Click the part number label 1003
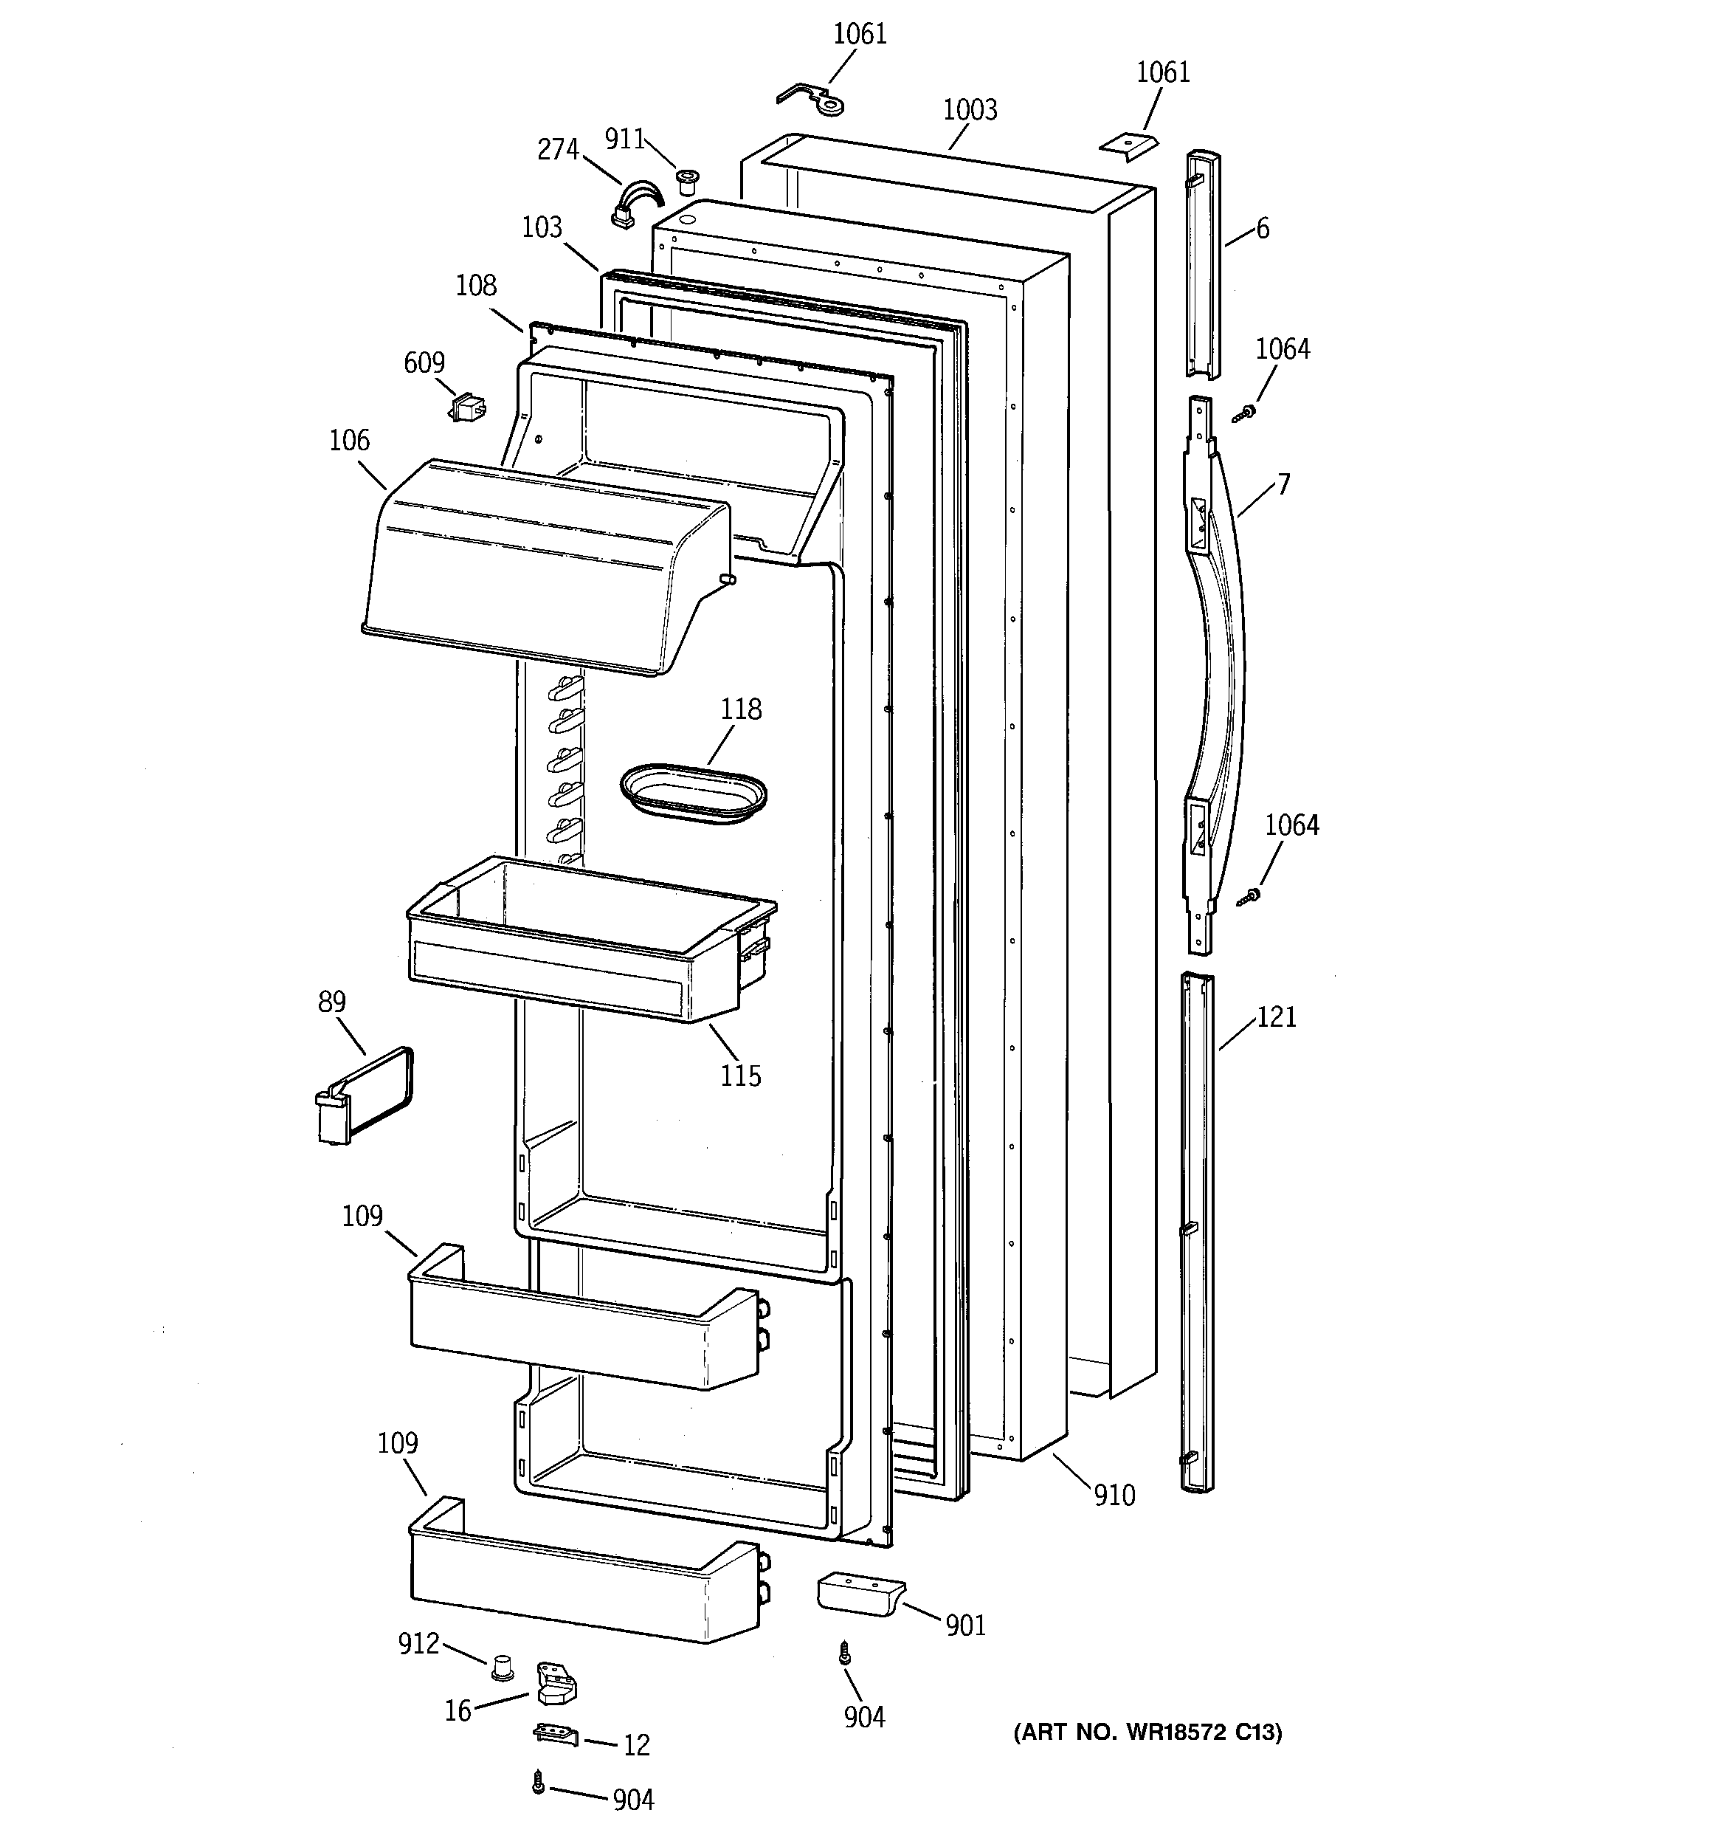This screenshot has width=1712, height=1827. click(x=970, y=110)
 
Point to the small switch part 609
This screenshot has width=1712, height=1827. click(x=469, y=407)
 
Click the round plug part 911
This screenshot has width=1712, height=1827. click(x=685, y=180)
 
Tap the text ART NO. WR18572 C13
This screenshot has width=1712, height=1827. click(x=1147, y=1733)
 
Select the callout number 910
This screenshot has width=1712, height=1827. click(x=1114, y=1496)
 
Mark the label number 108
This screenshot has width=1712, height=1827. click(x=476, y=286)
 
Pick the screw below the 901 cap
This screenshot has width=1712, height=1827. click(x=844, y=1654)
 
